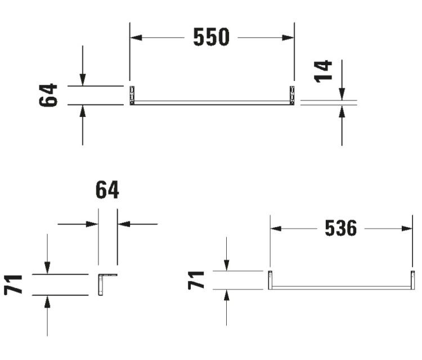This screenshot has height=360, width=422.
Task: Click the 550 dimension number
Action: pos(211,37)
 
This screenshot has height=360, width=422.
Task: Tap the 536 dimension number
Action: pos(341,228)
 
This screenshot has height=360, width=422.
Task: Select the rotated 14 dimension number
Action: pos(323,71)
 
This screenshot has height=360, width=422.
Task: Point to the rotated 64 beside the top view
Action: pos(48,95)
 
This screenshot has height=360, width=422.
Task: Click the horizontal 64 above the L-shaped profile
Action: pos(107,190)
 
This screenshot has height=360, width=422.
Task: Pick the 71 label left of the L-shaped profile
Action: pos(13,285)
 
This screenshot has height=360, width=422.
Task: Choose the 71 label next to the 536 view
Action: pos(196,280)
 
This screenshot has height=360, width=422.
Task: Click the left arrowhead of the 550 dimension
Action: pos(136,37)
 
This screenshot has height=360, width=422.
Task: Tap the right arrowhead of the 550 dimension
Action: pos(288,37)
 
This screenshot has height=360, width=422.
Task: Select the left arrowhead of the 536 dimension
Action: pos(276,229)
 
